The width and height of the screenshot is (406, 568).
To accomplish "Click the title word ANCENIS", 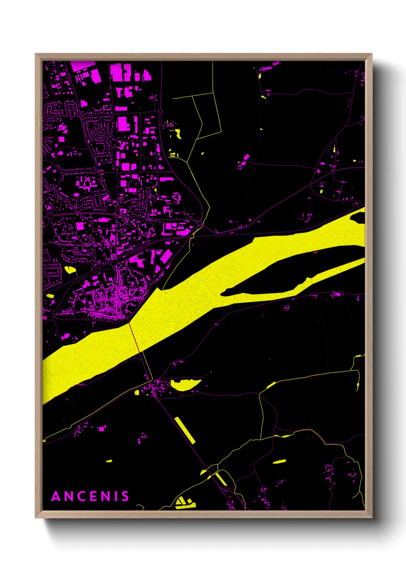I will click(x=90, y=496).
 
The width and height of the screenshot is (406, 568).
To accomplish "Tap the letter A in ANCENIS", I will click(x=56, y=496).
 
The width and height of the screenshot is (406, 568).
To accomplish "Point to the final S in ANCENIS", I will click(x=125, y=496).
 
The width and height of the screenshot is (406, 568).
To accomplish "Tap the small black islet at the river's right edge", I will click(x=358, y=218).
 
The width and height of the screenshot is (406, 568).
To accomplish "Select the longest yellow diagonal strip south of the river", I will click(x=185, y=430).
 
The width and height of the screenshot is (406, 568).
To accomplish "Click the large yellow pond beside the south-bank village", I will click(x=185, y=384).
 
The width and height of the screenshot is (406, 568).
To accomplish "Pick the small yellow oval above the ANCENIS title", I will click(x=109, y=461).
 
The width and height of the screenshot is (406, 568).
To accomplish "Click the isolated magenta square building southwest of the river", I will click(x=102, y=428).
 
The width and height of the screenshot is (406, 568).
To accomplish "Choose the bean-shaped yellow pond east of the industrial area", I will click(x=178, y=134).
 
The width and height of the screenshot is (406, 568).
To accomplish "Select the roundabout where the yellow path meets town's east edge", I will click(x=200, y=223).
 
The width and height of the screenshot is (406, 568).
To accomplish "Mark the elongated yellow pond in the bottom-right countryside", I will click(x=279, y=461).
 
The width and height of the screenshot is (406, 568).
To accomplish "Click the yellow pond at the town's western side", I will click(x=70, y=269).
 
